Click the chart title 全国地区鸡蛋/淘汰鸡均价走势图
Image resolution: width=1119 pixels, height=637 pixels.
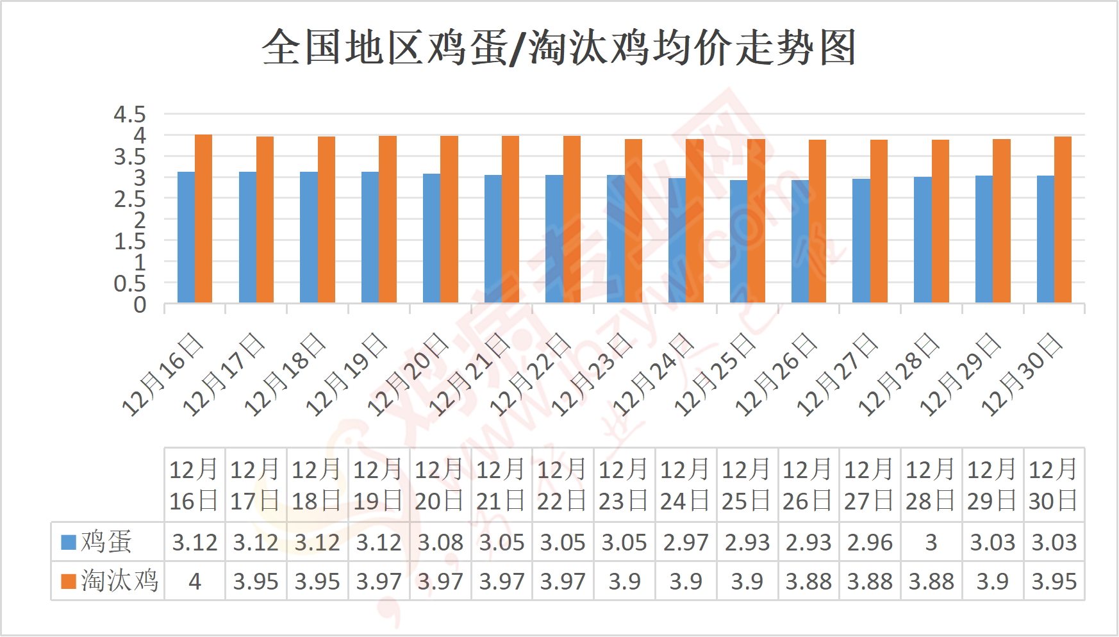(x=559, y=47)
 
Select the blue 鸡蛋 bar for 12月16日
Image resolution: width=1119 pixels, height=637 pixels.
(x=186, y=237)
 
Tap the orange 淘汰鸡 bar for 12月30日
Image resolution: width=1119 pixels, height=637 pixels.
(x=1063, y=219)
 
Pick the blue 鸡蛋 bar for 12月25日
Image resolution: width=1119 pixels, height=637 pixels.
(x=738, y=241)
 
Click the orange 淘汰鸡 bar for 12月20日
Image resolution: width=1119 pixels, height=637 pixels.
(x=449, y=219)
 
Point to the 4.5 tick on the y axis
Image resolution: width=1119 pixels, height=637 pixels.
(x=129, y=115)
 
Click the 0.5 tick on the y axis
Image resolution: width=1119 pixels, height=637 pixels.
(x=129, y=284)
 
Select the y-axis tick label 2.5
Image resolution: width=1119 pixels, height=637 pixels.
(x=129, y=199)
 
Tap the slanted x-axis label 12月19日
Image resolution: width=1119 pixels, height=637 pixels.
(x=347, y=375)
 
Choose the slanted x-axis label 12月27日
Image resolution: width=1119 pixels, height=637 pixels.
(x=837, y=375)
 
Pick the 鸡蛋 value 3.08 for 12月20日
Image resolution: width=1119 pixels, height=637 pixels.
(x=440, y=543)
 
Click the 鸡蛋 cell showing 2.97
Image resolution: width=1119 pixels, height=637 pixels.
(x=686, y=543)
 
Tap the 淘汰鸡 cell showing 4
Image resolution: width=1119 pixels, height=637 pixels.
(x=195, y=581)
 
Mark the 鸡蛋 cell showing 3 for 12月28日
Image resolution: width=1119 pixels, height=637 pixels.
(x=931, y=543)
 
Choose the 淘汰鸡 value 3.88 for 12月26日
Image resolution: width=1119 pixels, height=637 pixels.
(x=808, y=581)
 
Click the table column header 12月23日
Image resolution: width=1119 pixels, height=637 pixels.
(x=624, y=485)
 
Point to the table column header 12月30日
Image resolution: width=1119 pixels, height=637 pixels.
(x=1054, y=485)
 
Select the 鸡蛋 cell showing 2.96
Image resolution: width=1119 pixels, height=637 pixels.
(x=870, y=543)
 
